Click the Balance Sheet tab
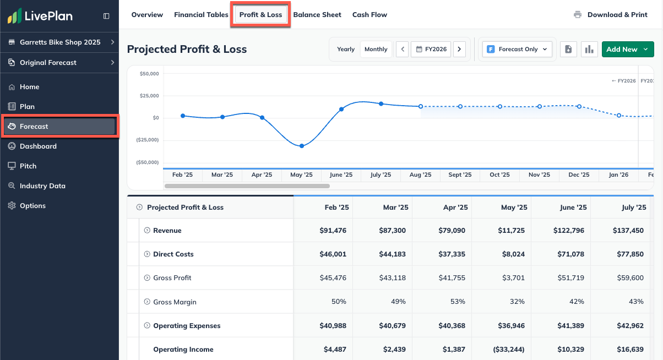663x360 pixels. point(317,15)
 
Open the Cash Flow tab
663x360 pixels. point(369,15)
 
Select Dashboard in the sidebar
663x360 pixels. point(38,146)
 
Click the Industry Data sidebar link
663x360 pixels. point(42,186)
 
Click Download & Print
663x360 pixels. point(611,15)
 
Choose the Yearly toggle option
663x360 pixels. point(346,50)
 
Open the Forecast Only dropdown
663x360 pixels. point(517,50)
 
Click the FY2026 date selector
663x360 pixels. point(431,50)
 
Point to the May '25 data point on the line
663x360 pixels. point(302,146)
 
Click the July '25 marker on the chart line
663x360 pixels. point(381,103)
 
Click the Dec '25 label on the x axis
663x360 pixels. point(579,175)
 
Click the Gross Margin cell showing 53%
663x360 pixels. point(457,302)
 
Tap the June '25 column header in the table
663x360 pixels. point(573,208)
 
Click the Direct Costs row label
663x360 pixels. point(173,254)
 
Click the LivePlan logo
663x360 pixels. point(40,17)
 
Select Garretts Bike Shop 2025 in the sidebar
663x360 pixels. point(60,42)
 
